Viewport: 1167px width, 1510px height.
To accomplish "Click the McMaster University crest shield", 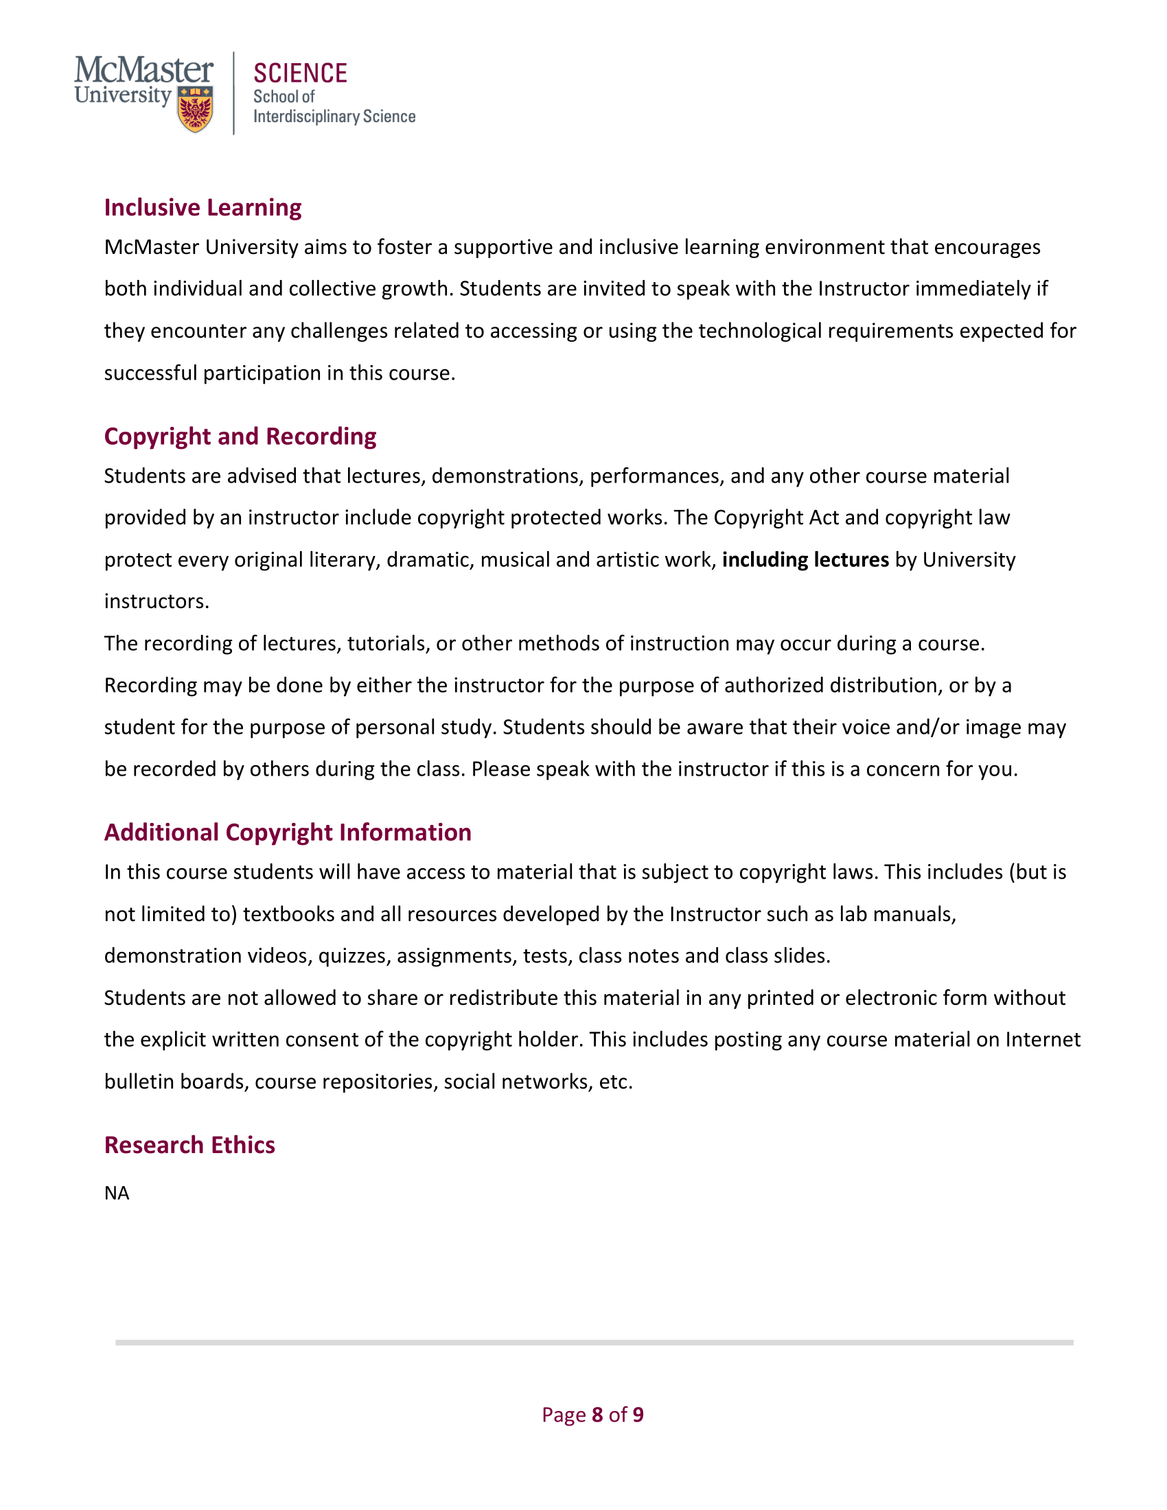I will click(196, 108).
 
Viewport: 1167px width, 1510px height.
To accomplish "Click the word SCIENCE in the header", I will click(300, 74).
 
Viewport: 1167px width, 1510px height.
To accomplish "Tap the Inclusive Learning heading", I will click(203, 207).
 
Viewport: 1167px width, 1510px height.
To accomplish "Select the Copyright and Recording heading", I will click(240, 437).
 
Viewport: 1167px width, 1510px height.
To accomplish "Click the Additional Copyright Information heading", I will click(288, 833).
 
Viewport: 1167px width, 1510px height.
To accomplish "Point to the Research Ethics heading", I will click(189, 1145).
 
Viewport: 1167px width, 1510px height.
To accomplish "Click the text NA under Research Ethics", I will click(117, 1194).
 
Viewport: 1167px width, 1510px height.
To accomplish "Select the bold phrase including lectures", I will click(805, 560).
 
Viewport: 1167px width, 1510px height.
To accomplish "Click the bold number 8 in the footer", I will click(597, 1415).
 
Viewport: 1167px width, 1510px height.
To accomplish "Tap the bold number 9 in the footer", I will click(638, 1415).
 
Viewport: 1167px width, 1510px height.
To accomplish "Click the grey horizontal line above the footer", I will click(594, 1343).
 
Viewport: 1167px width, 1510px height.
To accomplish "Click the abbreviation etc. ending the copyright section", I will click(615, 1082).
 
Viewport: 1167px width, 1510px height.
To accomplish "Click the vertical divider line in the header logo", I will click(233, 93).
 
